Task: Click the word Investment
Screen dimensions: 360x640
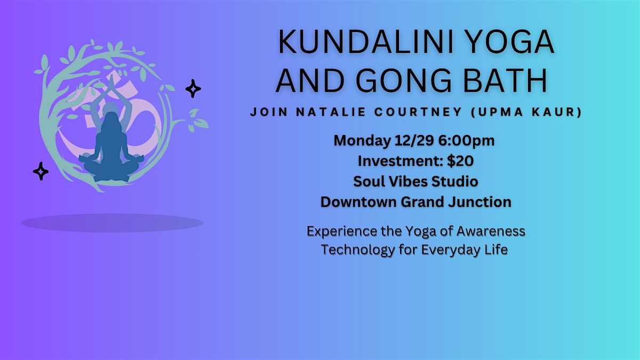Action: click(x=397, y=161)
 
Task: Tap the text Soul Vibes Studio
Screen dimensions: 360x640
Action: click(x=415, y=181)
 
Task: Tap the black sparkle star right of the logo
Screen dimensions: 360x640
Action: click(x=193, y=89)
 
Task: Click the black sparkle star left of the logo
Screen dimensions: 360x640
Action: click(x=41, y=171)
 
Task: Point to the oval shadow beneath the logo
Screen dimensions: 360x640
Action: click(x=112, y=222)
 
